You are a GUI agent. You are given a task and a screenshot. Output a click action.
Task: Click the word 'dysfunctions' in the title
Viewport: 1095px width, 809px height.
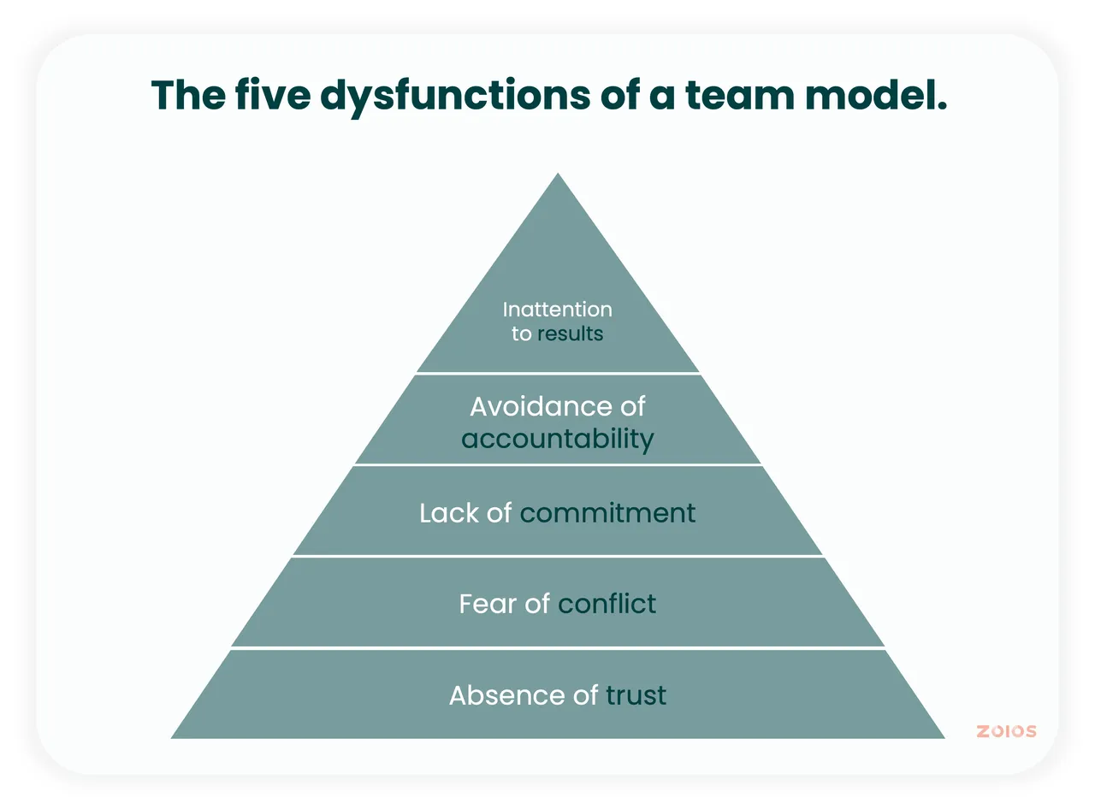pos(455,96)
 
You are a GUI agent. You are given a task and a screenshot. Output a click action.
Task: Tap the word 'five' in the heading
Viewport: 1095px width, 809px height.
pos(273,94)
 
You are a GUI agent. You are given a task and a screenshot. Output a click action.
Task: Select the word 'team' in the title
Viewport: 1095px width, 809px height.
pos(739,96)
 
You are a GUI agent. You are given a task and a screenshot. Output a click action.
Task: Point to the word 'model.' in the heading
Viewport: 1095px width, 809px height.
pos(876,94)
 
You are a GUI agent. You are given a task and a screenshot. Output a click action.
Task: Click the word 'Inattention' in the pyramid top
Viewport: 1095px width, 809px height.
pos(558,310)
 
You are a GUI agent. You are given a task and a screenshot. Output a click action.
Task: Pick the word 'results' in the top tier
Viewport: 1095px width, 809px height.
pos(571,334)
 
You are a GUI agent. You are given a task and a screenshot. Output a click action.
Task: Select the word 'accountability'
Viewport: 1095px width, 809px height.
pos(558,439)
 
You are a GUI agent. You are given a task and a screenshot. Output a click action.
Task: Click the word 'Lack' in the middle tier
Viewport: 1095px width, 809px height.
pos(449,513)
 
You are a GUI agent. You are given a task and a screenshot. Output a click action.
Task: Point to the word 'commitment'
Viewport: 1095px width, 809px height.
pos(607,513)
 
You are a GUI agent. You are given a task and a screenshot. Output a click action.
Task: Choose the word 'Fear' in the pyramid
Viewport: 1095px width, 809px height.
pos(488,603)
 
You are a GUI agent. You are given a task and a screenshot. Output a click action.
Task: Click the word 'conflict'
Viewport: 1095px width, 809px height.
pos(607,603)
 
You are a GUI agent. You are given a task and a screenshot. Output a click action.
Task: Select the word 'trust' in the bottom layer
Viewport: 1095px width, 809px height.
pos(636,695)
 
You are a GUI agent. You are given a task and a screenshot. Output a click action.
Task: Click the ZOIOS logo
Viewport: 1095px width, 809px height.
pos(1006,731)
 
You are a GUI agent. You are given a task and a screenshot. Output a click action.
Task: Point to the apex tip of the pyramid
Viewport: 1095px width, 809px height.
pos(558,174)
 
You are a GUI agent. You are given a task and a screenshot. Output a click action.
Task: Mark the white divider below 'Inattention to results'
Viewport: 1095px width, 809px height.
pos(558,373)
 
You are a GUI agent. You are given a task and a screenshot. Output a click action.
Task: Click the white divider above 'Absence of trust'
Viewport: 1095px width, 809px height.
pos(558,648)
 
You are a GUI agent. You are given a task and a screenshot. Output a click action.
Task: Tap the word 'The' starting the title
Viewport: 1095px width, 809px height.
pos(188,94)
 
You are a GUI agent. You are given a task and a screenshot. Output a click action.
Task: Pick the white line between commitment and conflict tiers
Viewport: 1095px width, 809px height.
pos(558,556)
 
